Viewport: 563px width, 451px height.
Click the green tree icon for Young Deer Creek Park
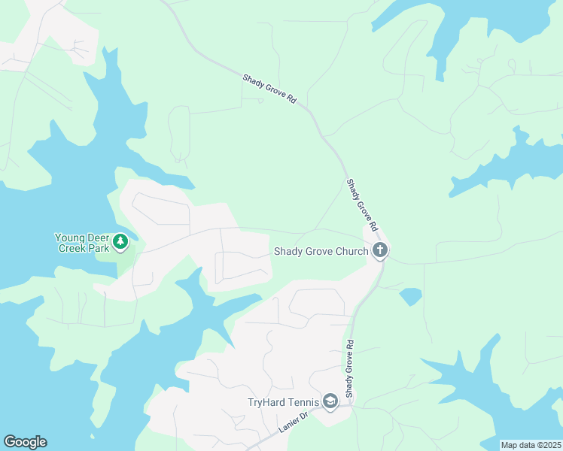121,242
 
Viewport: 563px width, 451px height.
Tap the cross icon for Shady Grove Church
380,250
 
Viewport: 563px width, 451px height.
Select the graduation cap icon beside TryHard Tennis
330,401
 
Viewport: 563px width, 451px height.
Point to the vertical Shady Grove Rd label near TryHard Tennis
349,369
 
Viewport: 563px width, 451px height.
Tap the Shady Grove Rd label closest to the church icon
361,203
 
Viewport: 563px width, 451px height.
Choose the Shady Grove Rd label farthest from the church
269,88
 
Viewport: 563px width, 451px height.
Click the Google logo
25,442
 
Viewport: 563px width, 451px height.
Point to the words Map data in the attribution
519,445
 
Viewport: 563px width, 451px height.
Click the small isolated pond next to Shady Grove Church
410,296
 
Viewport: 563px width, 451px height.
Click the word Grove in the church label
318,251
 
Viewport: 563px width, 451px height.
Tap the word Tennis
302,402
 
